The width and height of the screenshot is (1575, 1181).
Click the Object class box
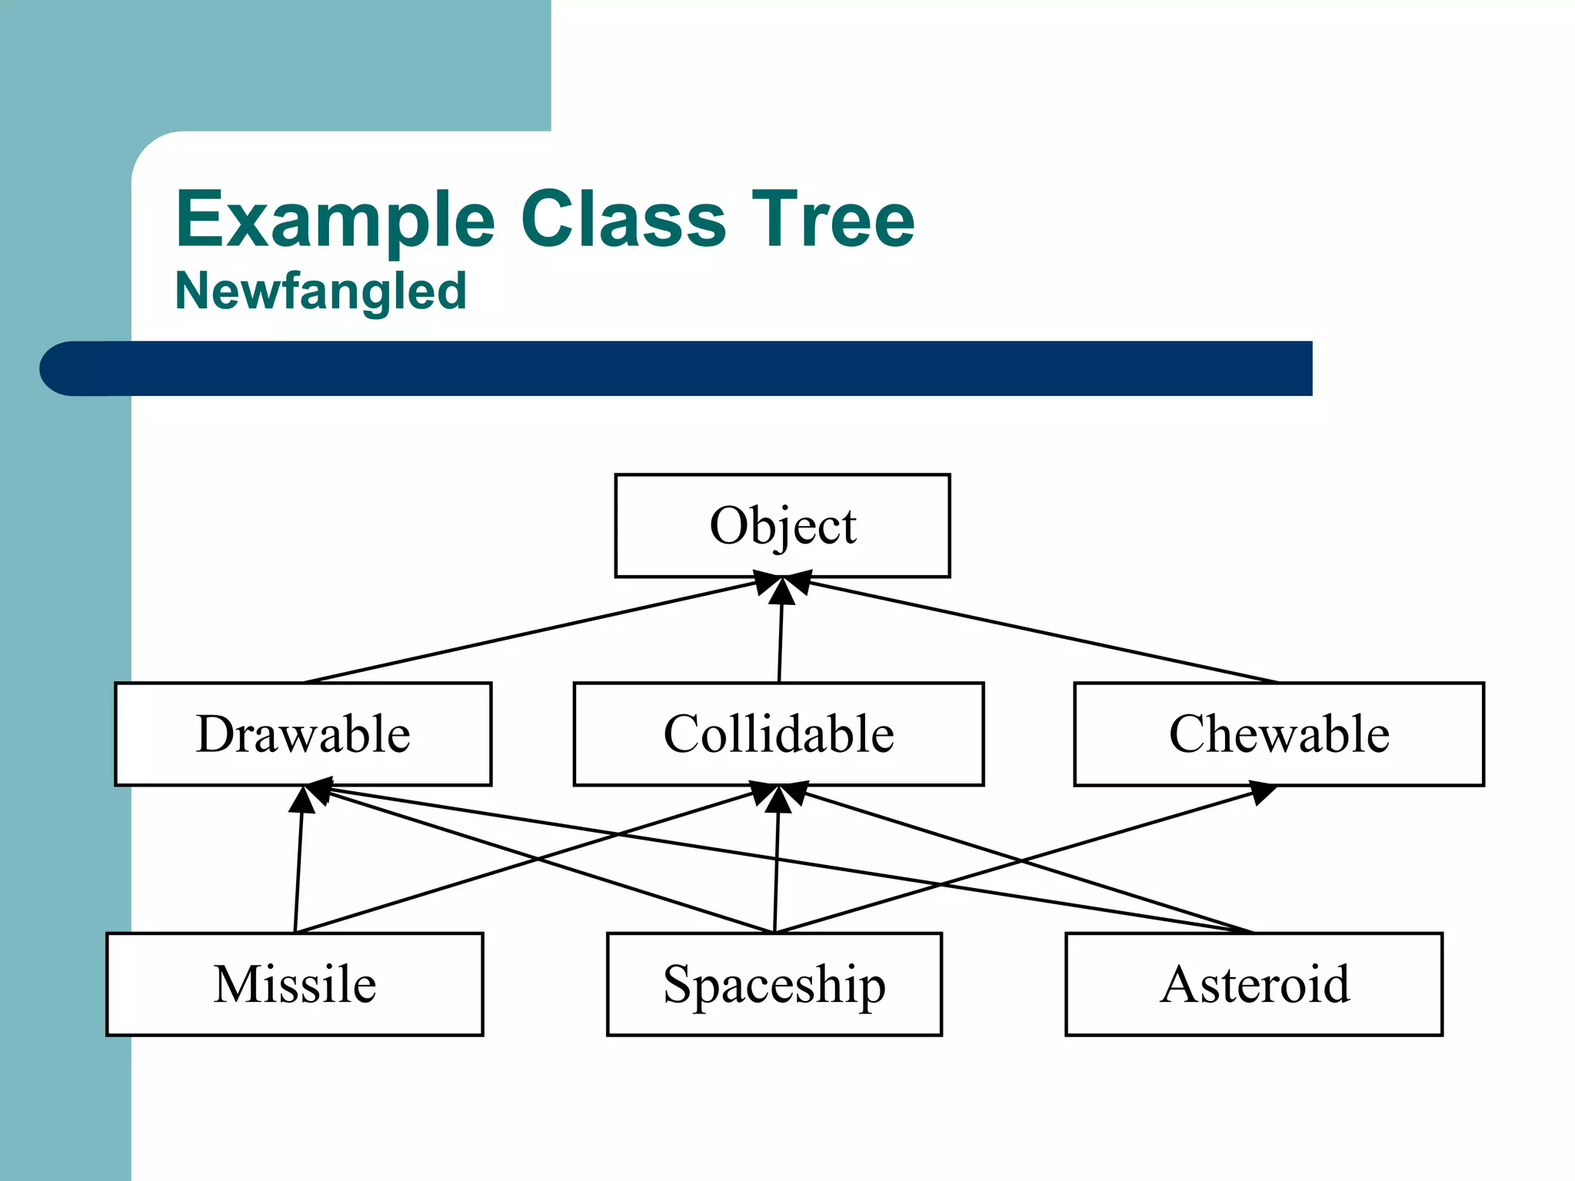pyautogui.click(x=782, y=526)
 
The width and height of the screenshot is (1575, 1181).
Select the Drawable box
pyautogui.click(x=303, y=734)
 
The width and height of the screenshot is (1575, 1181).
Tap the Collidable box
pyautogui.click(x=778, y=734)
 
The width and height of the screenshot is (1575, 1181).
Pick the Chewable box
pyautogui.click(x=1278, y=734)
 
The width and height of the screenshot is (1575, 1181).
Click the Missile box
pyautogui.click(x=295, y=984)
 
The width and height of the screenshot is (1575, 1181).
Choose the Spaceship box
pyautogui.click(x=774, y=984)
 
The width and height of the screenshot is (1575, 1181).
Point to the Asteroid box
pyautogui.click(x=1254, y=984)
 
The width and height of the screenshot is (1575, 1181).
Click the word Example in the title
pyautogui.click(x=335, y=221)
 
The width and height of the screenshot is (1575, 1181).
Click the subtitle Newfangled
pyautogui.click(x=321, y=291)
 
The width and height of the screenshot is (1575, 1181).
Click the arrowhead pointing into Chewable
pyautogui.click(x=1261, y=792)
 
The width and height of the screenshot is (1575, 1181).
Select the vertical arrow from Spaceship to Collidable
pyautogui.click(x=776, y=869)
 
